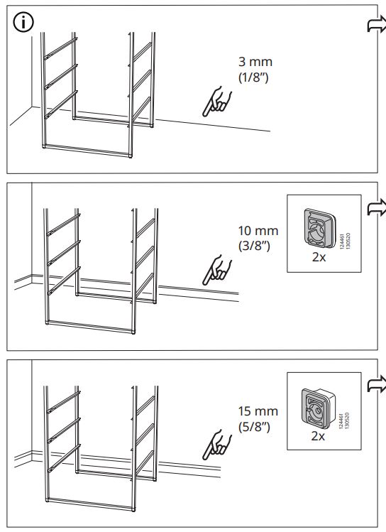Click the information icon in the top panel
pos(23,23)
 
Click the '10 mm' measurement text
pos(258,231)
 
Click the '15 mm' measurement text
pos(257,411)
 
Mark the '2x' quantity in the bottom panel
pos(317,436)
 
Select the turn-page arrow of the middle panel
pos(374,207)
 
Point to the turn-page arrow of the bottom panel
pos(374,386)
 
